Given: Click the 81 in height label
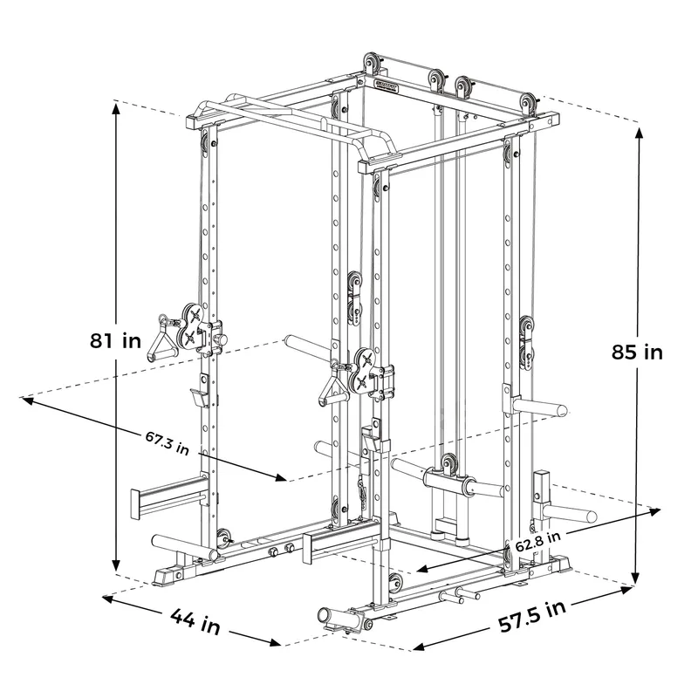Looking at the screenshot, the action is click(x=115, y=341).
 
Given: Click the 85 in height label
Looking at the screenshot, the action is click(x=637, y=352).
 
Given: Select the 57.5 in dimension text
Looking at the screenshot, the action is click(x=532, y=616).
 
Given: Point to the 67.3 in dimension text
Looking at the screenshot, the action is click(x=168, y=442).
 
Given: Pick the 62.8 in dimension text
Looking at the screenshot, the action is click(x=538, y=541).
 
